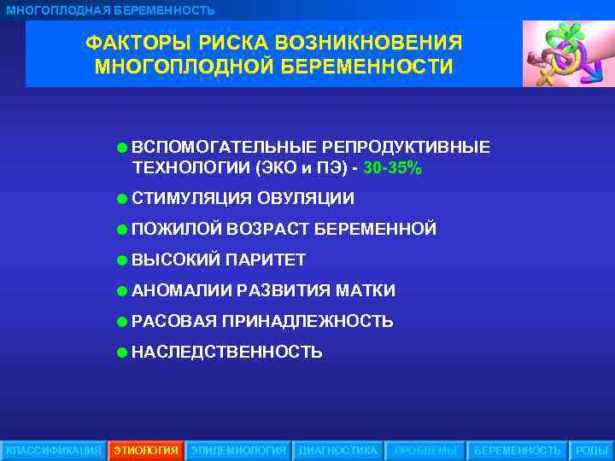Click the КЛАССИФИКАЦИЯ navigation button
(x=53, y=450)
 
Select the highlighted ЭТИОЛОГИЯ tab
(x=146, y=450)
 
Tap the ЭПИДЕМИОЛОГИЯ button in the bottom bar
(x=238, y=450)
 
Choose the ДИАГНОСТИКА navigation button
(x=337, y=450)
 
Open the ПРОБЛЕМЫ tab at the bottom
(x=425, y=450)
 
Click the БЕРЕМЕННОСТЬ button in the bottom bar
(x=518, y=450)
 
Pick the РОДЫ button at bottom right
(x=592, y=450)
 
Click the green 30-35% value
(x=392, y=168)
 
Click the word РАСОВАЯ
(x=174, y=321)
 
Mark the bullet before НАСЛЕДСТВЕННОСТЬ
(x=123, y=352)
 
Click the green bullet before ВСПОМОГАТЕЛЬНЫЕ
(x=123, y=148)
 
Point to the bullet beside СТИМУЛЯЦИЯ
(x=123, y=199)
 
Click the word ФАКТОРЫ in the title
(x=134, y=43)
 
